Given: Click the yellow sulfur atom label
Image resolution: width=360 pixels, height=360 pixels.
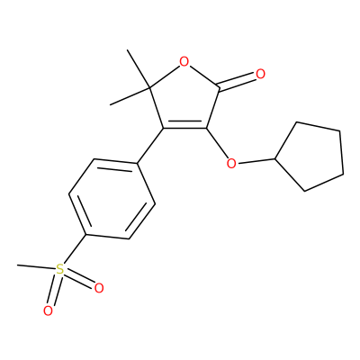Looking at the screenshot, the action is pyautogui.click(x=60, y=269).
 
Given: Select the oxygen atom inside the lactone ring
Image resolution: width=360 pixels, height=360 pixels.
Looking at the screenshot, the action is pyautogui.click(x=184, y=62).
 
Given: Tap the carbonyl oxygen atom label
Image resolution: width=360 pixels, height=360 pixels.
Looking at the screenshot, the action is pyautogui.click(x=260, y=74).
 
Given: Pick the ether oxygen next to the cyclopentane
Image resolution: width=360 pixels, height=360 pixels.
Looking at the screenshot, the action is pyautogui.click(x=231, y=164).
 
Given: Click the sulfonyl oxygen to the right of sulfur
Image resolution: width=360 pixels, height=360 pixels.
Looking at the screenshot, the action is pyautogui.click(x=99, y=288).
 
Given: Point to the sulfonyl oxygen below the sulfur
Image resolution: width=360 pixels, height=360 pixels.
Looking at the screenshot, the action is pyautogui.click(x=48, y=310).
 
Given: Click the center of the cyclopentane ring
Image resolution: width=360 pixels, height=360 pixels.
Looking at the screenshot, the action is pyautogui.click(x=313, y=157).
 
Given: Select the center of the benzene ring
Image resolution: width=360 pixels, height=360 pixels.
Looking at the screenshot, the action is pyautogui.click(x=112, y=199).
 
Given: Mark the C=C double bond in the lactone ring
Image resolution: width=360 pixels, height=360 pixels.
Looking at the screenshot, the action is pyautogui.click(x=184, y=126).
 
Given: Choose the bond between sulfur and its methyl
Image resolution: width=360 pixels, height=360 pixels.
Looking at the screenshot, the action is pyautogui.click(x=37, y=267).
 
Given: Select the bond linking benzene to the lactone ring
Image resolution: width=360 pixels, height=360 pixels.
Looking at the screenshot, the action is pyautogui.click(x=150, y=146).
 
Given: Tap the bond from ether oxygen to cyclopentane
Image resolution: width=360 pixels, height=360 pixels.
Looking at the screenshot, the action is pyautogui.click(x=256, y=160).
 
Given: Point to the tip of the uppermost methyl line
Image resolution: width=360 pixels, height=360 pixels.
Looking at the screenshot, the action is pyautogui.click(x=128, y=49).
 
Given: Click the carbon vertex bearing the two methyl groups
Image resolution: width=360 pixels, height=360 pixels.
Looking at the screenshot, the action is pyautogui.click(x=149, y=88).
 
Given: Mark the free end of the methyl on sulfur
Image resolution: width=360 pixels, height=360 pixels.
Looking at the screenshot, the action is pyautogui.click(x=17, y=265).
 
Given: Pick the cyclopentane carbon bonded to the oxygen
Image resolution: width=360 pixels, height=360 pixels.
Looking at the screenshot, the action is pyautogui.click(x=275, y=158).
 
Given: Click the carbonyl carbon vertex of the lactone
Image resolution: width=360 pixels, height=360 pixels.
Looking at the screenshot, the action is pyautogui.click(x=220, y=88).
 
